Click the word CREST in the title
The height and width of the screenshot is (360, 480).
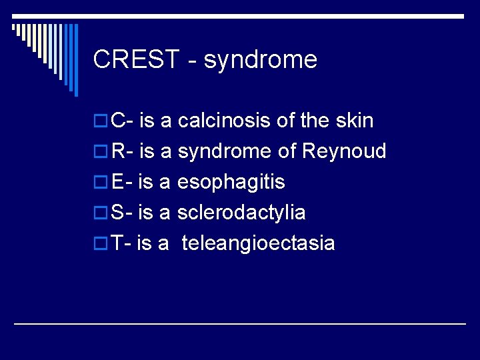pyautogui.click(x=137, y=60)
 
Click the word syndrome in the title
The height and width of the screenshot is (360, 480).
pyautogui.click(x=261, y=60)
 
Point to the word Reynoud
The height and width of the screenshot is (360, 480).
pyautogui.click(x=344, y=151)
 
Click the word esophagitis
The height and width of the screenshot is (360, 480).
pyautogui.click(x=231, y=182)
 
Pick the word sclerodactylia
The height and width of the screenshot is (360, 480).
pyautogui.click(x=241, y=213)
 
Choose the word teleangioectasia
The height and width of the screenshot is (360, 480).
pyautogui.click(x=258, y=243)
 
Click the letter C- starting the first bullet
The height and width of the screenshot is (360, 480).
pyautogui.click(x=122, y=121)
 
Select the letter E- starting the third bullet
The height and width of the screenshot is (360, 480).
pyautogui.click(x=121, y=182)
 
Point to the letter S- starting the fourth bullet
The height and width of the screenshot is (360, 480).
pyautogui.click(x=121, y=213)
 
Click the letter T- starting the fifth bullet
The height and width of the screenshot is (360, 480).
pyautogui.click(x=121, y=243)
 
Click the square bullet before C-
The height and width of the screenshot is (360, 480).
pyautogui.click(x=101, y=121)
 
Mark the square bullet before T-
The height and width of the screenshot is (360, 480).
pyautogui.click(x=101, y=244)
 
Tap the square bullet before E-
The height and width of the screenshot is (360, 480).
pyautogui.click(x=101, y=183)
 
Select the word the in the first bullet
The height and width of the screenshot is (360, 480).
pyautogui.click(x=315, y=121)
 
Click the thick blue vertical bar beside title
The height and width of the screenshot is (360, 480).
pyautogui.click(x=75, y=60)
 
